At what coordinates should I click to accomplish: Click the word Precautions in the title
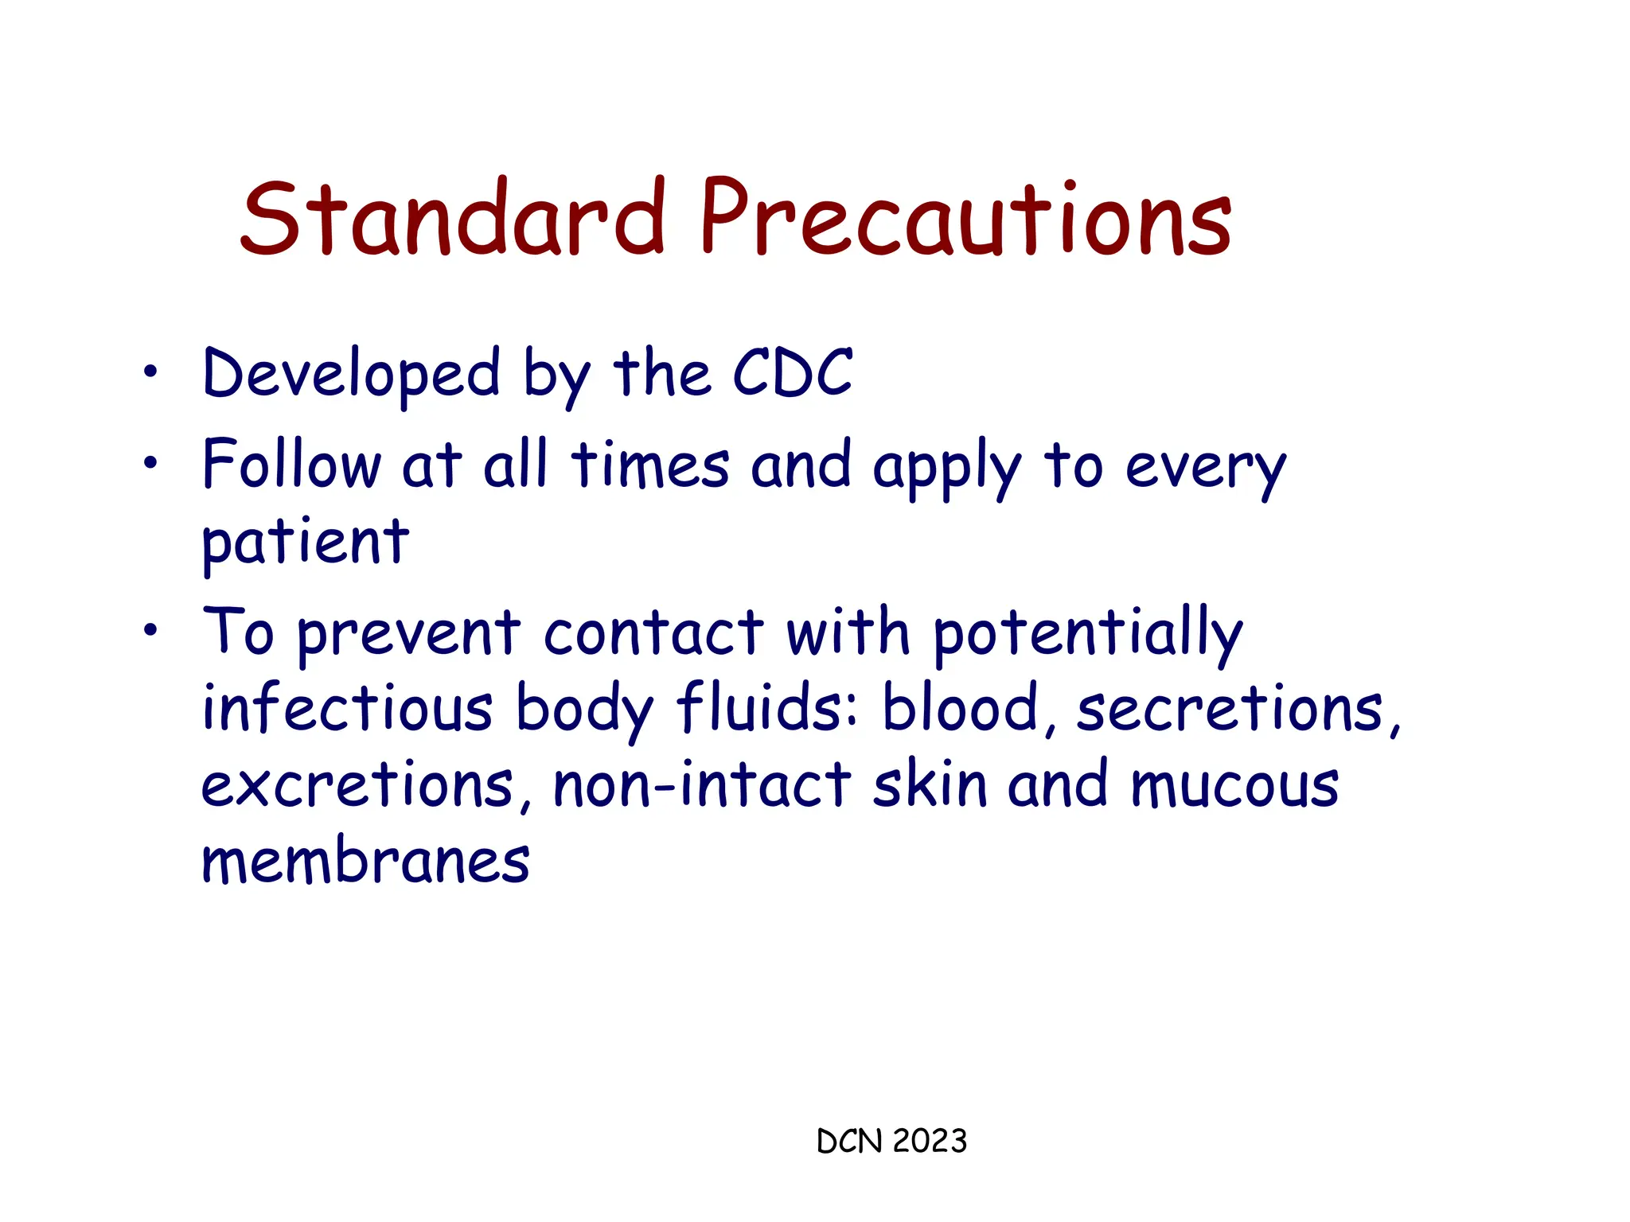point(965,217)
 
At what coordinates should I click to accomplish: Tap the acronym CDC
point(792,373)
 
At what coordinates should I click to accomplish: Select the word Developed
point(351,375)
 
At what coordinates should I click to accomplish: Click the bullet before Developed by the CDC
point(150,371)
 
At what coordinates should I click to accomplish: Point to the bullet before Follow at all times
point(150,462)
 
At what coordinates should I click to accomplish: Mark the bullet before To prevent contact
point(150,631)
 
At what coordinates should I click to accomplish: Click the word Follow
point(291,465)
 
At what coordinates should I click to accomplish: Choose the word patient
point(305,543)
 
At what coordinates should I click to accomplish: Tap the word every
point(1205,469)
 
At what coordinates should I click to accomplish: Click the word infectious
point(347,708)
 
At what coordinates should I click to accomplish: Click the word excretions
point(357,786)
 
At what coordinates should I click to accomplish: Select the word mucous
point(1234,786)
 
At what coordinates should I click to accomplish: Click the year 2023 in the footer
point(930,1141)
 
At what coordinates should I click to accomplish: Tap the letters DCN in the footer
point(849,1141)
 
